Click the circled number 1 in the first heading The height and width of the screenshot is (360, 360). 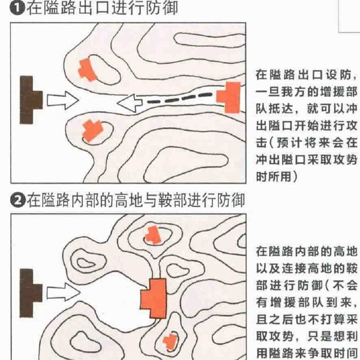(x=17, y=8)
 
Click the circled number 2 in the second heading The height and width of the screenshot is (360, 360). (x=17, y=200)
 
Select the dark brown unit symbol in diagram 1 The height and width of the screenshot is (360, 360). (x=31, y=100)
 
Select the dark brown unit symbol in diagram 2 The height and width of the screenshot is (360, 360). (x=31, y=293)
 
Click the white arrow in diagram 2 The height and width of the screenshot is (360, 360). (x=64, y=292)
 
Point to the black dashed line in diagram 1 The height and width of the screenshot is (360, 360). (x=180, y=98)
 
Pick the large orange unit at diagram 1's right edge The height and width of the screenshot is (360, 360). (x=229, y=97)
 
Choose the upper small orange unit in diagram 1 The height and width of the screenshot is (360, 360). (x=86, y=70)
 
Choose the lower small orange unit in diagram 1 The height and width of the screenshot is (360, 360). (x=92, y=130)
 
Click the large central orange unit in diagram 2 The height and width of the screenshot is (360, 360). (x=154, y=298)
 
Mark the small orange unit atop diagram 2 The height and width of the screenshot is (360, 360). (x=152, y=235)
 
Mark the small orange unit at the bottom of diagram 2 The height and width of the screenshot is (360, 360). (x=170, y=341)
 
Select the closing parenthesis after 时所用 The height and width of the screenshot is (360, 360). (x=295, y=177)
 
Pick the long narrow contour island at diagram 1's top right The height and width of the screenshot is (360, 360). (x=209, y=41)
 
